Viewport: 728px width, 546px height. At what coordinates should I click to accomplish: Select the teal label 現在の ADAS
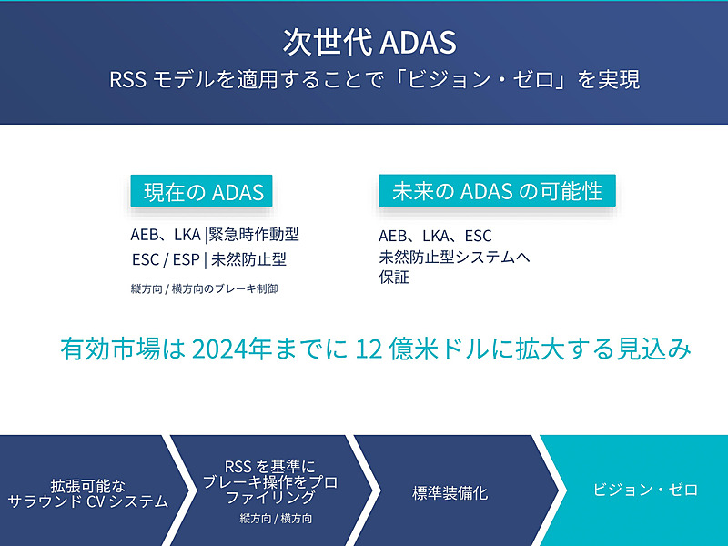click(203, 192)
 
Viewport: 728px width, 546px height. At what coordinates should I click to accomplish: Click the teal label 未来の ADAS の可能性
click(497, 191)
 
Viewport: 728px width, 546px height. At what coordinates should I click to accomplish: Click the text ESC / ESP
click(166, 259)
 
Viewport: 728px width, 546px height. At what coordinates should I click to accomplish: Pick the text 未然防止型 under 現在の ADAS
click(248, 259)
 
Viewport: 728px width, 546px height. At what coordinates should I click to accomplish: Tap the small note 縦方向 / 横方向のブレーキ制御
click(204, 288)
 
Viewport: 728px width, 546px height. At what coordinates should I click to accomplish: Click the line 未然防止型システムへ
click(454, 257)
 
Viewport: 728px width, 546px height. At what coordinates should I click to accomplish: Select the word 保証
click(394, 278)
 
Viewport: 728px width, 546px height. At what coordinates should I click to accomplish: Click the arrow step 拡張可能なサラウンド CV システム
click(88, 492)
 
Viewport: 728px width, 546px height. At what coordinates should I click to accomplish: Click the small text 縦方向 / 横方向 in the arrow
click(277, 518)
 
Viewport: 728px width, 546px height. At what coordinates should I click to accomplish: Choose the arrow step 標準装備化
click(450, 493)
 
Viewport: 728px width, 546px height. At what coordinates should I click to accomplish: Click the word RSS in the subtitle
click(126, 79)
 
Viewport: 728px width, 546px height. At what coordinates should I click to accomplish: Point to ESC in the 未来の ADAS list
click(478, 236)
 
